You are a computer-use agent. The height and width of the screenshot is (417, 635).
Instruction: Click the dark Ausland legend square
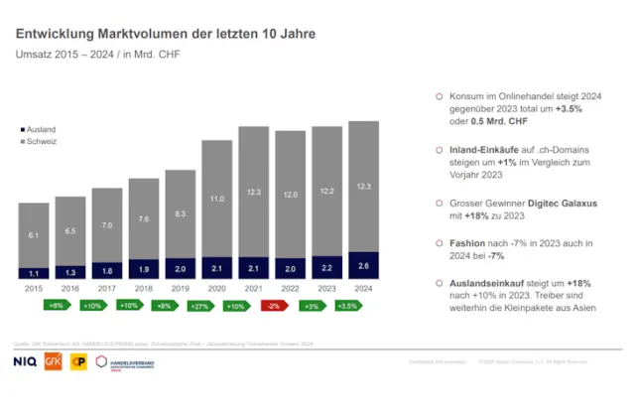[x=22, y=130]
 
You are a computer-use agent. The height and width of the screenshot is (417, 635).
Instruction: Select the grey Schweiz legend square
[x=22, y=142]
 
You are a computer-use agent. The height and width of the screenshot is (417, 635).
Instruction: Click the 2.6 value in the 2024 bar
[x=365, y=266]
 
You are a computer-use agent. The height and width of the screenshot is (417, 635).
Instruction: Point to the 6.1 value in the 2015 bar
[x=34, y=234]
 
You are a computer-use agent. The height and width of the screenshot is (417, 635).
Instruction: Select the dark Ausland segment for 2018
[x=145, y=269]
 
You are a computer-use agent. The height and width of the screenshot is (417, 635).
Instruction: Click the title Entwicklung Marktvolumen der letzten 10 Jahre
[x=166, y=34]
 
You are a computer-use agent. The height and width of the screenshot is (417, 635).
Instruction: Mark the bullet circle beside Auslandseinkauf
[x=440, y=283]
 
